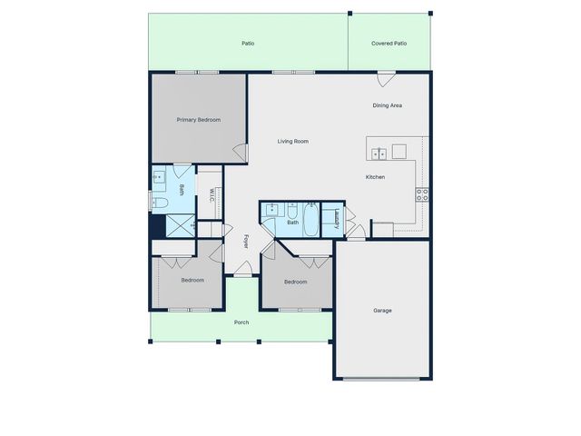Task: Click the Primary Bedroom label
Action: pyautogui.click(x=199, y=120)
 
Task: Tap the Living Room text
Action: pyautogui.click(x=293, y=141)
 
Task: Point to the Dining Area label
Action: pyautogui.click(x=388, y=105)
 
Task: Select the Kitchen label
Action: pyautogui.click(x=376, y=176)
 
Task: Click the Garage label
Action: pyautogui.click(x=382, y=311)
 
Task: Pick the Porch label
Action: pyautogui.click(x=241, y=322)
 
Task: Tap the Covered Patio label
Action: pyautogui.click(x=389, y=43)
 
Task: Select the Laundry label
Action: pyautogui.click(x=337, y=218)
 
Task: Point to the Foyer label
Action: pyautogui.click(x=246, y=241)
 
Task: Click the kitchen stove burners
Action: pyautogui.click(x=422, y=193)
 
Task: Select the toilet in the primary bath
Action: pyautogui.click(x=158, y=203)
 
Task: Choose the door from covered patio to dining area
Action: pyautogui.click(x=387, y=77)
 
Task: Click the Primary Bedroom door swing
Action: pyautogui.click(x=241, y=155)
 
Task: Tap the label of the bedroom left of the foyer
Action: pyautogui.click(x=192, y=280)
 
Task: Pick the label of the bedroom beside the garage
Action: pyautogui.click(x=296, y=282)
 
